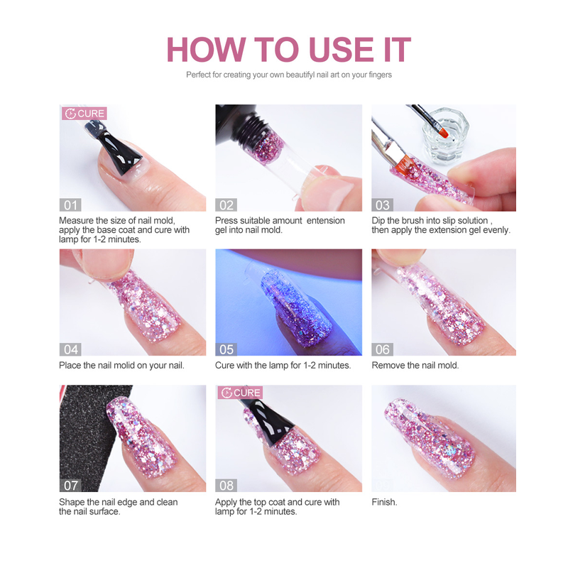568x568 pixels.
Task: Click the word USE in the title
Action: pyautogui.click(x=342, y=50)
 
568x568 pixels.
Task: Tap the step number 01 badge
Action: pyautogui.click(x=70, y=205)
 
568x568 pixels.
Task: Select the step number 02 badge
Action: pyautogui.click(x=226, y=205)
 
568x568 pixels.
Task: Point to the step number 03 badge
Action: pyautogui.click(x=382, y=205)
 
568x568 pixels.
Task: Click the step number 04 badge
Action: pyautogui.click(x=70, y=349)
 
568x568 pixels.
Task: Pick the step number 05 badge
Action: pyautogui.click(x=226, y=349)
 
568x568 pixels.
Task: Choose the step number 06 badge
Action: pyautogui.click(x=382, y=349)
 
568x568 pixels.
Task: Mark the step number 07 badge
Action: pyautogui.click(x=70, y=486)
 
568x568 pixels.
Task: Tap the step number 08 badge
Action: pyautogui.click(x=226, y=486)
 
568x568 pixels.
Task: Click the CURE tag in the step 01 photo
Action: pyautogui.click(x=84, y=114)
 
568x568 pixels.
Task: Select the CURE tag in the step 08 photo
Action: pyautogui.click(x=240, y=393)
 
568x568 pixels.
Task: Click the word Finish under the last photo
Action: pyautogui.click(x=384, y=502)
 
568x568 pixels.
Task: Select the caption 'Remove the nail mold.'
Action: pyautogui.click(x=415, y=365)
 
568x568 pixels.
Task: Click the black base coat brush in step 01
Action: pyautogui.click(x=119, y=151)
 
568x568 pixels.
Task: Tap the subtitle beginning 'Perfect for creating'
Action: pyautogui.click(x=289, y=75)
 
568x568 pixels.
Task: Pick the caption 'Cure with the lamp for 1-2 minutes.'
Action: pyautogui.click(x=283, y=365)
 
